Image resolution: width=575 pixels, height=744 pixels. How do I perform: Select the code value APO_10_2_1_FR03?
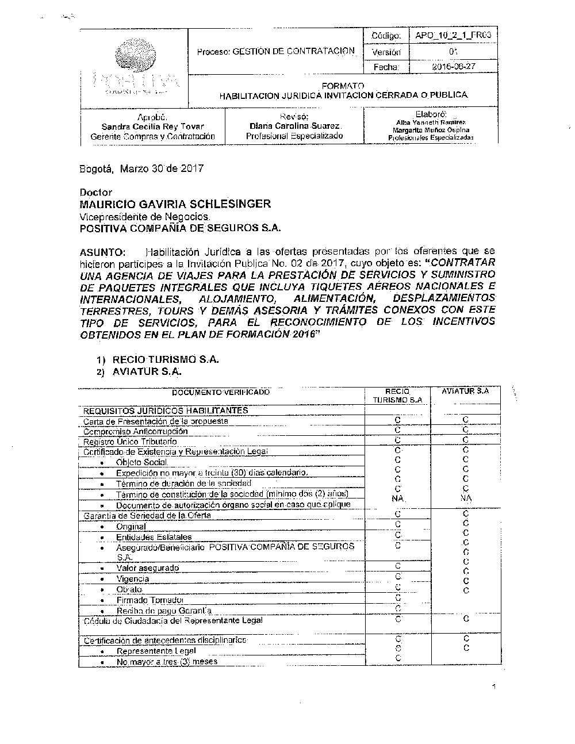(453, 36)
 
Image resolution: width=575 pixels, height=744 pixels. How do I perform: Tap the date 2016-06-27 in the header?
(453, 67)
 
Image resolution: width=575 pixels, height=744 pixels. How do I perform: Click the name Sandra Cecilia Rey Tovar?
(152, 126)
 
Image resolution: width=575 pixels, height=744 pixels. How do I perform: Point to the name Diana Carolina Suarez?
(294, 125)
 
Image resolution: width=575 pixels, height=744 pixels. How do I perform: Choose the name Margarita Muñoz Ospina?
(431, 130)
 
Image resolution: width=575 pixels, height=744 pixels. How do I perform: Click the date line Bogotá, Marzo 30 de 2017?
(141, 169)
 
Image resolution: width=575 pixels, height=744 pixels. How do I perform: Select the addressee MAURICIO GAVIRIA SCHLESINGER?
(175, 204)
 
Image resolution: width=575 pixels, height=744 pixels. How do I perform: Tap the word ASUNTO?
(102, 252)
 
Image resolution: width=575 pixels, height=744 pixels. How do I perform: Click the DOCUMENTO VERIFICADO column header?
(221, 392)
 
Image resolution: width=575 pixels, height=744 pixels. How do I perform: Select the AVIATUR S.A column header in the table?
(465, 391)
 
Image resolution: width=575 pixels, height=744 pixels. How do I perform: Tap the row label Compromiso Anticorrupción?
(135, 431)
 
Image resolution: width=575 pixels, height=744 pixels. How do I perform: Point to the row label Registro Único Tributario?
(130, 442)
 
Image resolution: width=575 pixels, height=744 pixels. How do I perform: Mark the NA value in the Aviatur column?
(466, 498)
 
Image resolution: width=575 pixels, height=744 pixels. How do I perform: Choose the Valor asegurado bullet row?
(147, 568)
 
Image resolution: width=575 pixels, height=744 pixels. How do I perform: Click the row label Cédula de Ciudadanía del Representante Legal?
(173, 621)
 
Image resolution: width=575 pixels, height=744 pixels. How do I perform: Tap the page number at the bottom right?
(494, 687)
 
